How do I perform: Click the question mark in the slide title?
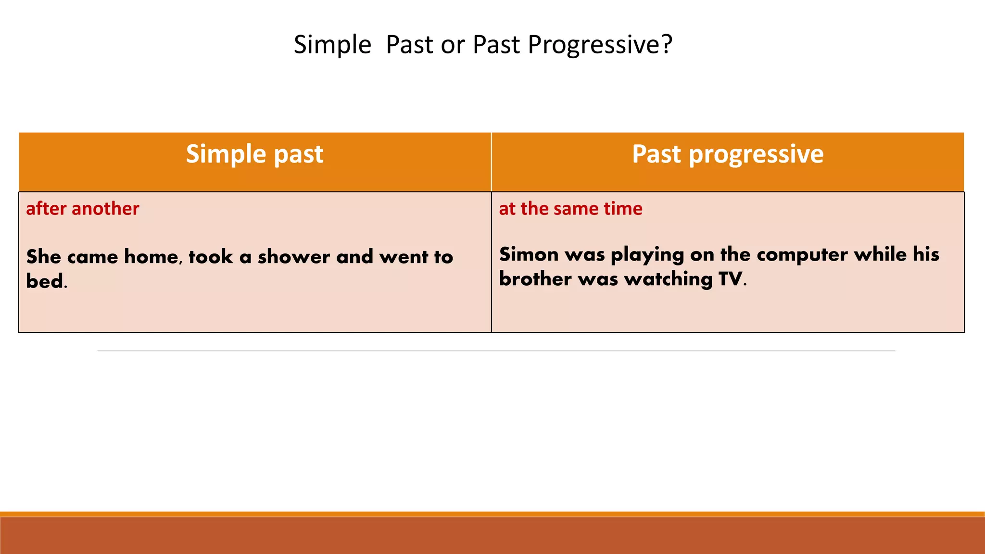tap(667, 44)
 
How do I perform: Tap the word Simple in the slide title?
tap(332, 45)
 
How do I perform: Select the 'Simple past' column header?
tap(254, 154)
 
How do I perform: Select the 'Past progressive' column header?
tap(727, 154)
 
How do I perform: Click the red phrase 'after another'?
tap(82, 209)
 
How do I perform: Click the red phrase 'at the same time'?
tap(570, 209)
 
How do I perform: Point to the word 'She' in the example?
tap(43, 256)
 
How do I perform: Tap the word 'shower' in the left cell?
tap(294, 256)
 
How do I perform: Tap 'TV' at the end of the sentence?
tap(730, 279)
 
